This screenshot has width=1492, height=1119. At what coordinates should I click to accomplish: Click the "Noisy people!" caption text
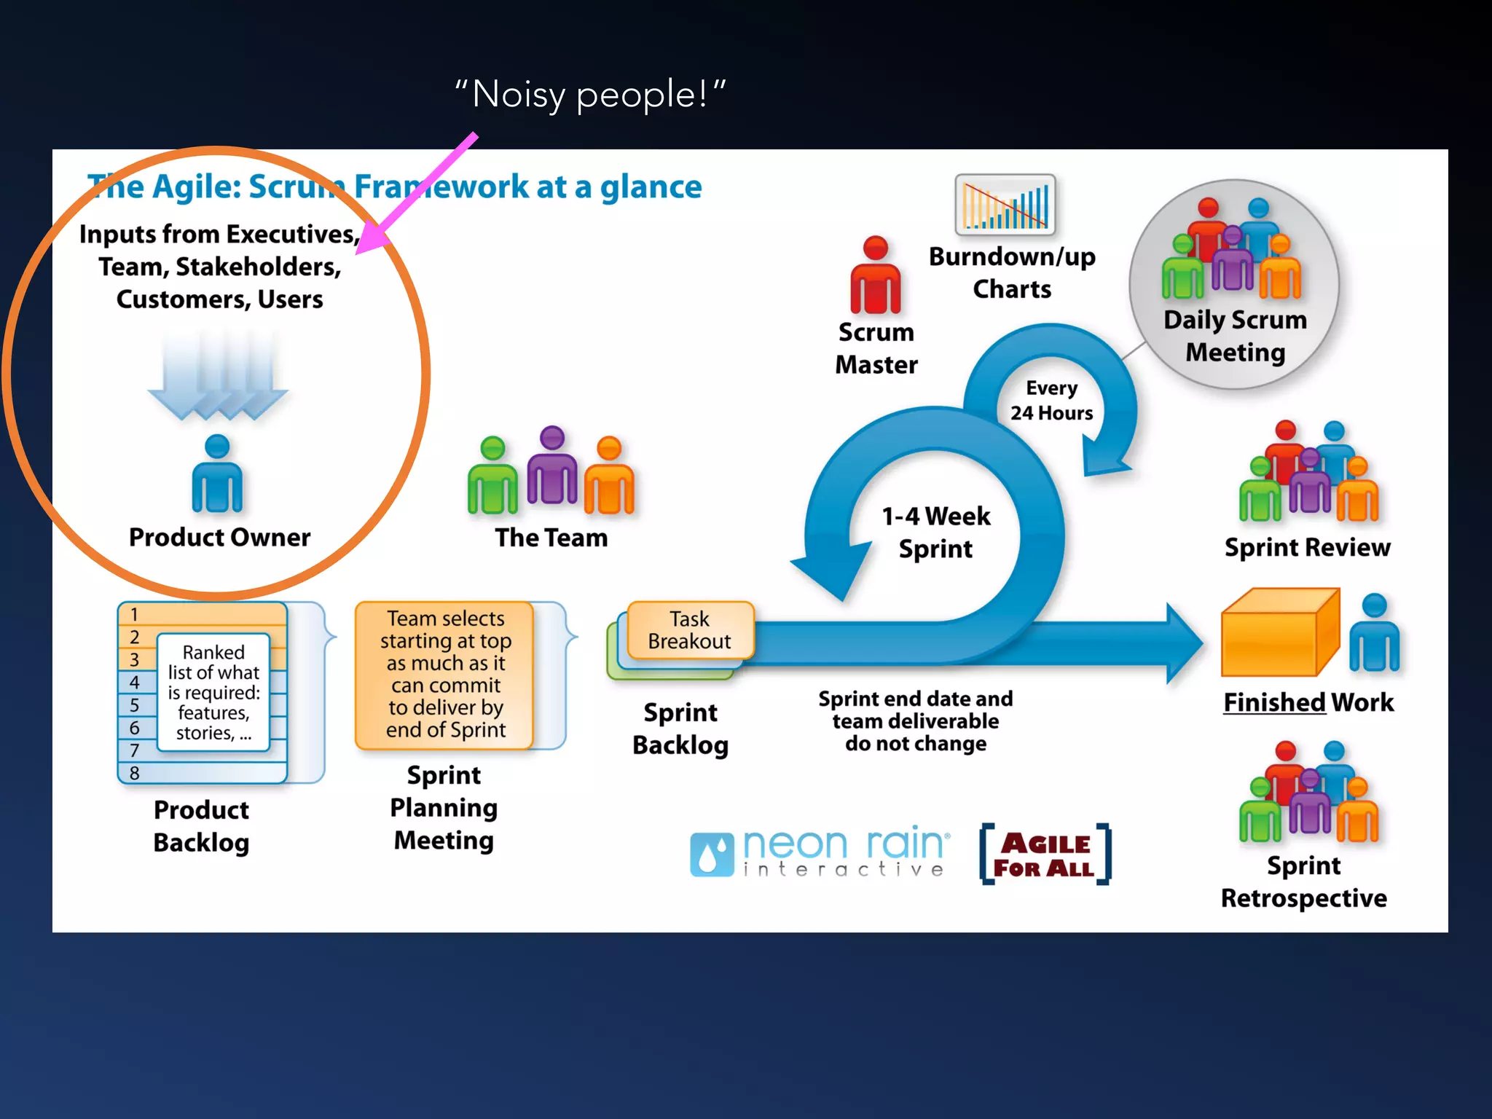click(x=590, y=95)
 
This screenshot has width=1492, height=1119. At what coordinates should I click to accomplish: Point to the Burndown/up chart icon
click(x=1005, y=205)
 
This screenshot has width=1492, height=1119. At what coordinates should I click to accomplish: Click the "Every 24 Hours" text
click(x=1051, y=401)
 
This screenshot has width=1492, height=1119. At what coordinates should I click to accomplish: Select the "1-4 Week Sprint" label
click(x=935, y=533)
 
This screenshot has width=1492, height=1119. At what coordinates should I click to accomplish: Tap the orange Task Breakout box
click(x=689, y=630)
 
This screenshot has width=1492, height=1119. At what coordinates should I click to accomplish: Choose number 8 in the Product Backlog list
click(x=135, y=773)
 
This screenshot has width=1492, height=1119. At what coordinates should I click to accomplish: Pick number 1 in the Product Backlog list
click(x=135, y=614)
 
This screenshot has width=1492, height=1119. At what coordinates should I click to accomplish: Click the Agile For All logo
click(x=1045, y=855)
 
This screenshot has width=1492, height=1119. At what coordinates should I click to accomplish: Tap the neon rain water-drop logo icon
click(x=711, y=855)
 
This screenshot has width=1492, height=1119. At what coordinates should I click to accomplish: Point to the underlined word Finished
click(x=1273, y=702)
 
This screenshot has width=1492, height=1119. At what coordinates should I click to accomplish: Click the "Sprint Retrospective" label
click(x=1303, y=882)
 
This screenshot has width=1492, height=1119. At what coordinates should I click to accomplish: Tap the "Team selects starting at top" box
click(x=445, y=674)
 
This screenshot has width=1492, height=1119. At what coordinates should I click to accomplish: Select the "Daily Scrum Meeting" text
click(x=1235, y=336)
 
